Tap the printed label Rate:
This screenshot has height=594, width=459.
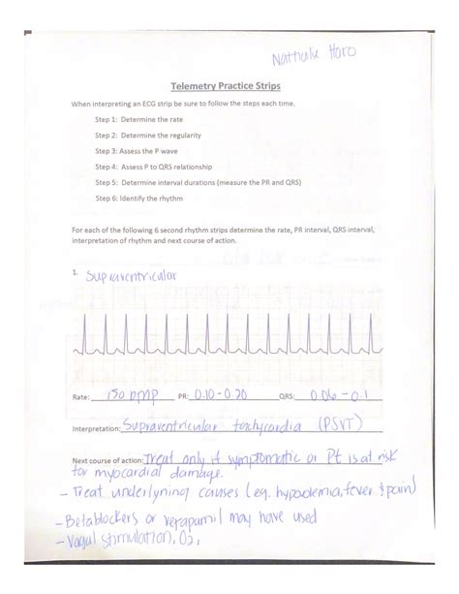click(81, 397)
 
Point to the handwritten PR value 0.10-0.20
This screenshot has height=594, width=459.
click(219, 394)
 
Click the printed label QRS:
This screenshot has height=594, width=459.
click(287, 397)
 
